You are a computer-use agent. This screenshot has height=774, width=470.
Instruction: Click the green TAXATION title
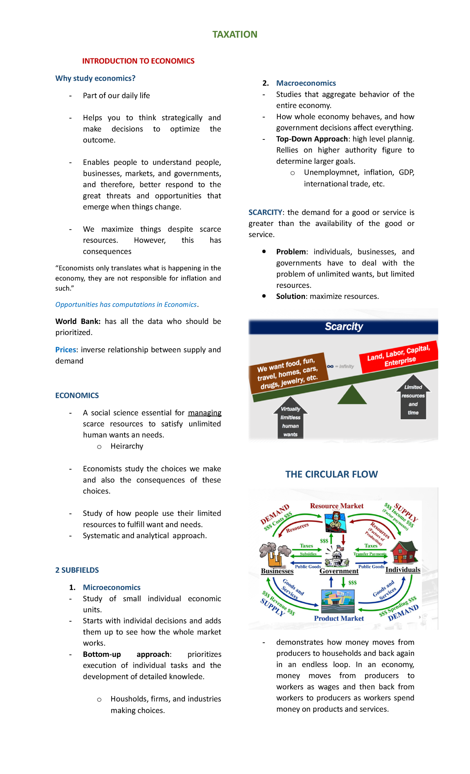235,34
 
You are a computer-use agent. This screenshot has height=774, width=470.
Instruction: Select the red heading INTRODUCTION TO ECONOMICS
138,61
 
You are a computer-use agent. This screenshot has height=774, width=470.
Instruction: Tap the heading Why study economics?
95,78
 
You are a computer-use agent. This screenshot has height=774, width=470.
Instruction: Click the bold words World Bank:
78,322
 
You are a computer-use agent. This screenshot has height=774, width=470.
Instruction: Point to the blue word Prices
65,350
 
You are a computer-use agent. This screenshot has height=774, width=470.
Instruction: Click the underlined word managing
204,413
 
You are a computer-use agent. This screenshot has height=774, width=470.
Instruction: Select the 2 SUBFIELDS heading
77,570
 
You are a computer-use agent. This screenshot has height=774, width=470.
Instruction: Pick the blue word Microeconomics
112,588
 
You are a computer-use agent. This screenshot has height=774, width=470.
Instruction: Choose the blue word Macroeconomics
306,83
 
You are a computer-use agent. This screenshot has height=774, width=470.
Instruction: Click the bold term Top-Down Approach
312,139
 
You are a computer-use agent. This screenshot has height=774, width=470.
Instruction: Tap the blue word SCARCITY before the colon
265,212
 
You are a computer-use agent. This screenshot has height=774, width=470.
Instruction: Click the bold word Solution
291,297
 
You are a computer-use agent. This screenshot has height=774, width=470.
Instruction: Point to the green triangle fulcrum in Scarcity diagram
352,395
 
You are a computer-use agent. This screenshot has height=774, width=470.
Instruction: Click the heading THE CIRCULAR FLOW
331,474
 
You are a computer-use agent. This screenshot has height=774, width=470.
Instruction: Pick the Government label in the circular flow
339,571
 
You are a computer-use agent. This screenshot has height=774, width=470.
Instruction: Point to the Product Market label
339,618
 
